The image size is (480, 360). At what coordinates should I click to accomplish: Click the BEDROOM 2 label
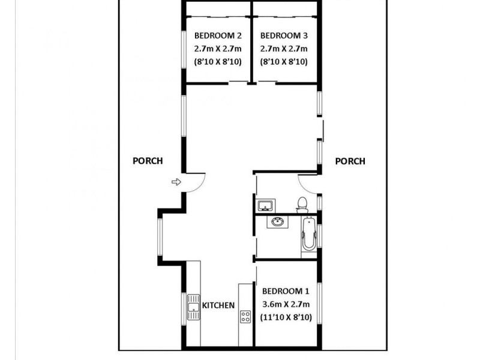pyautogui.click(x=217, y=35)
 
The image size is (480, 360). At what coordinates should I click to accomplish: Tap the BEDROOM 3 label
pyautogui.click(x=284, y=35)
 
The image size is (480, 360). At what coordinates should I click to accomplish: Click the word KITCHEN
pyautogui.click(x=218, y=305)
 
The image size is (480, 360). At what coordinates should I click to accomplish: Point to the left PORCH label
pyautogui.click(x=148, y=161)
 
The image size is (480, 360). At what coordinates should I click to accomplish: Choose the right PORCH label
pyautogui.click(x=350, y=161)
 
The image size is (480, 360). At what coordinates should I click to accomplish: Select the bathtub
pyautogui.click(x=308, y=235)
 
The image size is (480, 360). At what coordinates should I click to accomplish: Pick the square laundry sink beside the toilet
pyautogui.click(x=265, y=206)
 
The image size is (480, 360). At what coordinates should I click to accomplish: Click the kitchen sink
pyautogui.click(x=193, y=308)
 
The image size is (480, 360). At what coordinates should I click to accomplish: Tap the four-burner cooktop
pyautogui.click(x=245, y=316)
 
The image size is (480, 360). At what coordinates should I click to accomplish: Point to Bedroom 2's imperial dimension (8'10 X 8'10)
pyautogui.click(x=217, y=61)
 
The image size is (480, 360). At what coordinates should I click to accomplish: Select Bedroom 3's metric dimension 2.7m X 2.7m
pyautogui.click(x=284, y=48)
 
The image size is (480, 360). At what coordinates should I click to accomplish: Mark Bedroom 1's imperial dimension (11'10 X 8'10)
pyautogui.click(x=287, y=317)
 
